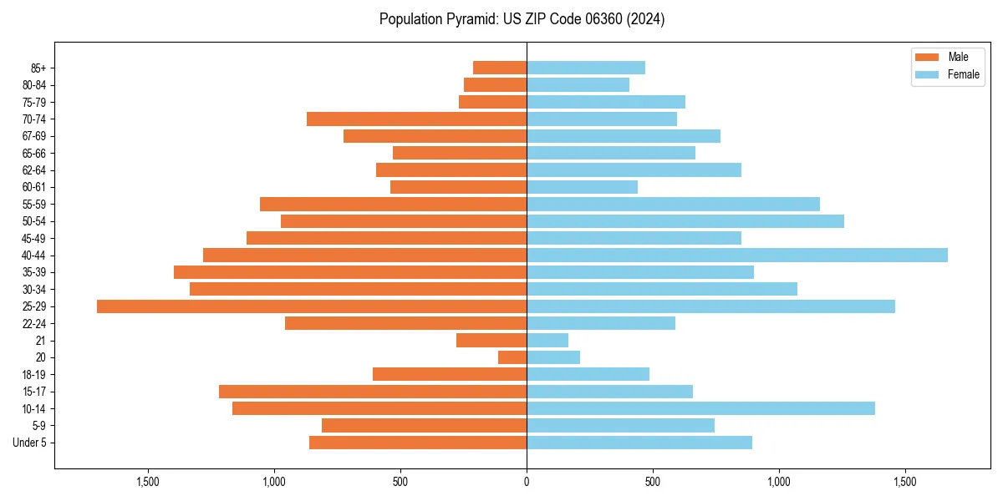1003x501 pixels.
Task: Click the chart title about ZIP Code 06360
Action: coord(522,19)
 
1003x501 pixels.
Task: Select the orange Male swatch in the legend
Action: coord(927,57)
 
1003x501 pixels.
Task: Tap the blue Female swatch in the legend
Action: coord(927,74)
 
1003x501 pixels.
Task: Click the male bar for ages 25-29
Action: coord(312,306)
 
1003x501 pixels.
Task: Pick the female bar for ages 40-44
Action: coord(736,256)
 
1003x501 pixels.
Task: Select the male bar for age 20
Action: coord(512,357)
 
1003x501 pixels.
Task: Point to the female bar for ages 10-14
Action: coord(700,408)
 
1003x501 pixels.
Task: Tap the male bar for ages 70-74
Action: coord(416,119)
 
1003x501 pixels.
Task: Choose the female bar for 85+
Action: coord(585,68)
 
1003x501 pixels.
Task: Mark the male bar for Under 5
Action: coord(418,443)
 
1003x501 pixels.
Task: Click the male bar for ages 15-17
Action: coord(373,392)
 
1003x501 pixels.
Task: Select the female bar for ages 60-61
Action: coord(582,187)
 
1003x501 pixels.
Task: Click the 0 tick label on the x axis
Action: coord(527,482)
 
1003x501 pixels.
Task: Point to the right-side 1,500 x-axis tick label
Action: coord(904,482)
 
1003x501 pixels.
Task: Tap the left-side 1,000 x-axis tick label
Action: coord(273,482)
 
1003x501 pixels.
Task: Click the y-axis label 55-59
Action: coord(34,205)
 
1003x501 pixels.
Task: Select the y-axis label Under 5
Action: coord(30,443)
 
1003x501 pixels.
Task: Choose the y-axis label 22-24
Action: coord(34,324)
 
